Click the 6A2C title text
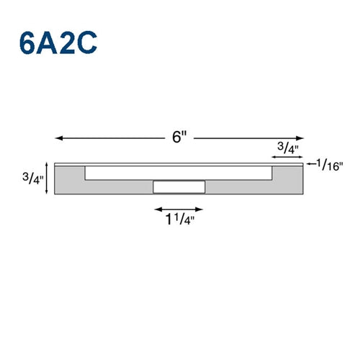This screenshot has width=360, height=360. (x=58, y=42)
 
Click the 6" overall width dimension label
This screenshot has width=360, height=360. (x=179, y=137)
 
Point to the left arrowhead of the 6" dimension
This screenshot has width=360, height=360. (x=59, y=138)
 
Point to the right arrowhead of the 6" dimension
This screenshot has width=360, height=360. (x=300, y=138)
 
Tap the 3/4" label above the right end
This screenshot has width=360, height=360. (x=288, y=148)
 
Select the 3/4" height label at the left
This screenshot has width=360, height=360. (x=33, y=178)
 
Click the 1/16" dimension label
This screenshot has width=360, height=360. (x=330, y=165)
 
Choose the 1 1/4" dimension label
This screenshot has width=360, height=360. (x=180, y=219)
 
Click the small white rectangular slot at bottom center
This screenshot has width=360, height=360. (x=179, y=187)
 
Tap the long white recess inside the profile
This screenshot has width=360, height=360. (x=179, y=173)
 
